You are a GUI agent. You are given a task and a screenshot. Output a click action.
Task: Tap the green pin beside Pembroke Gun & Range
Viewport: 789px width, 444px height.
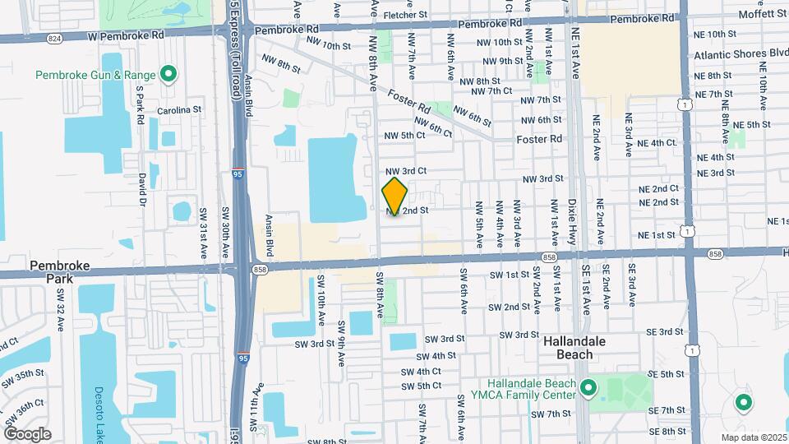click(168, 75)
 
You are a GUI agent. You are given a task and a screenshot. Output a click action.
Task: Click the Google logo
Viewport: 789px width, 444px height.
click(27, 434)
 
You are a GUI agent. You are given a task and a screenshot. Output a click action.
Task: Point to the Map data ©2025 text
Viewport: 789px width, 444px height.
click(754, 437)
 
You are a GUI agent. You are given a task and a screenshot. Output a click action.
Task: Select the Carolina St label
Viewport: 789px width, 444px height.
click(179, 109)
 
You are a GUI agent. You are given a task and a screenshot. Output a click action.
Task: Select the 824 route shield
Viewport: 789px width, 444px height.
click(54, 38)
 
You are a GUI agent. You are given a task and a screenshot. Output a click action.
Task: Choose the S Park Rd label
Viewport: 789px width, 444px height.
click(141, 105)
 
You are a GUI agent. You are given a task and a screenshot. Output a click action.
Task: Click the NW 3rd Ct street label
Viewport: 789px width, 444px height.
click(405, 171)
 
